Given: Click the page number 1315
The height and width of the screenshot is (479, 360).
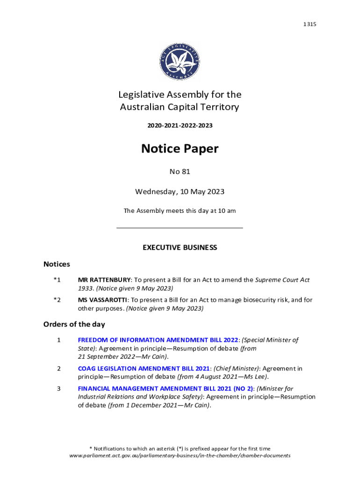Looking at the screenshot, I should (x=310, y=24).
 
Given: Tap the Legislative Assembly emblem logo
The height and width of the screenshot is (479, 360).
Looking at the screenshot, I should (x=180, y=61).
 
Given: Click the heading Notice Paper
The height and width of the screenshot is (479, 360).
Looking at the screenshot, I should (x=180, y=149).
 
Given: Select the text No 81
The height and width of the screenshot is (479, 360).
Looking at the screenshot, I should (x=180, y=172).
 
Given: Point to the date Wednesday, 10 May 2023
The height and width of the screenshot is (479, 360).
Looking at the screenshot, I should (x=180, y=192).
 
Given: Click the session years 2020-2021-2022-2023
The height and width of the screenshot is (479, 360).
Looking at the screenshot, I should (x=180, y=126).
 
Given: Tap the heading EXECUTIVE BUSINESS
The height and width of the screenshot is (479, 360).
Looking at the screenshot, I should (x=180, y=247).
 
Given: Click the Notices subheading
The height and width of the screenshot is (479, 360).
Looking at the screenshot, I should (x=57, y=264).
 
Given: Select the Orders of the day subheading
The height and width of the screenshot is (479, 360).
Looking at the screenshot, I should (x=74, y=324).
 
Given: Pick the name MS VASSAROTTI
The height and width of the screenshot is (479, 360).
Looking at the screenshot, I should (x=102, y=300).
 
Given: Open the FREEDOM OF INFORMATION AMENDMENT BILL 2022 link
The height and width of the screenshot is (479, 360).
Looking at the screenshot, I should (x=158, y=340).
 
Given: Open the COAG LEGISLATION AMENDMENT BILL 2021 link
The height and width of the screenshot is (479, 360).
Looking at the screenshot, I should (x=144, y=369).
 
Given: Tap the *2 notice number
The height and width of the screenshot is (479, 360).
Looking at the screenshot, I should (x=57, y=300).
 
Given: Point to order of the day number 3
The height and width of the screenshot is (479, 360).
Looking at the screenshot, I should (x=58, y=388).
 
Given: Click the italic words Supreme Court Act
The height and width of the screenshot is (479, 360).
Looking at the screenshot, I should (x=282, y=280).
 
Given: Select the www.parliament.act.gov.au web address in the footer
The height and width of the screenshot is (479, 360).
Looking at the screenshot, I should (x=180, y=455).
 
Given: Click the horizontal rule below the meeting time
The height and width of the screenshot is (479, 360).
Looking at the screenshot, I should (x=180, y=228).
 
